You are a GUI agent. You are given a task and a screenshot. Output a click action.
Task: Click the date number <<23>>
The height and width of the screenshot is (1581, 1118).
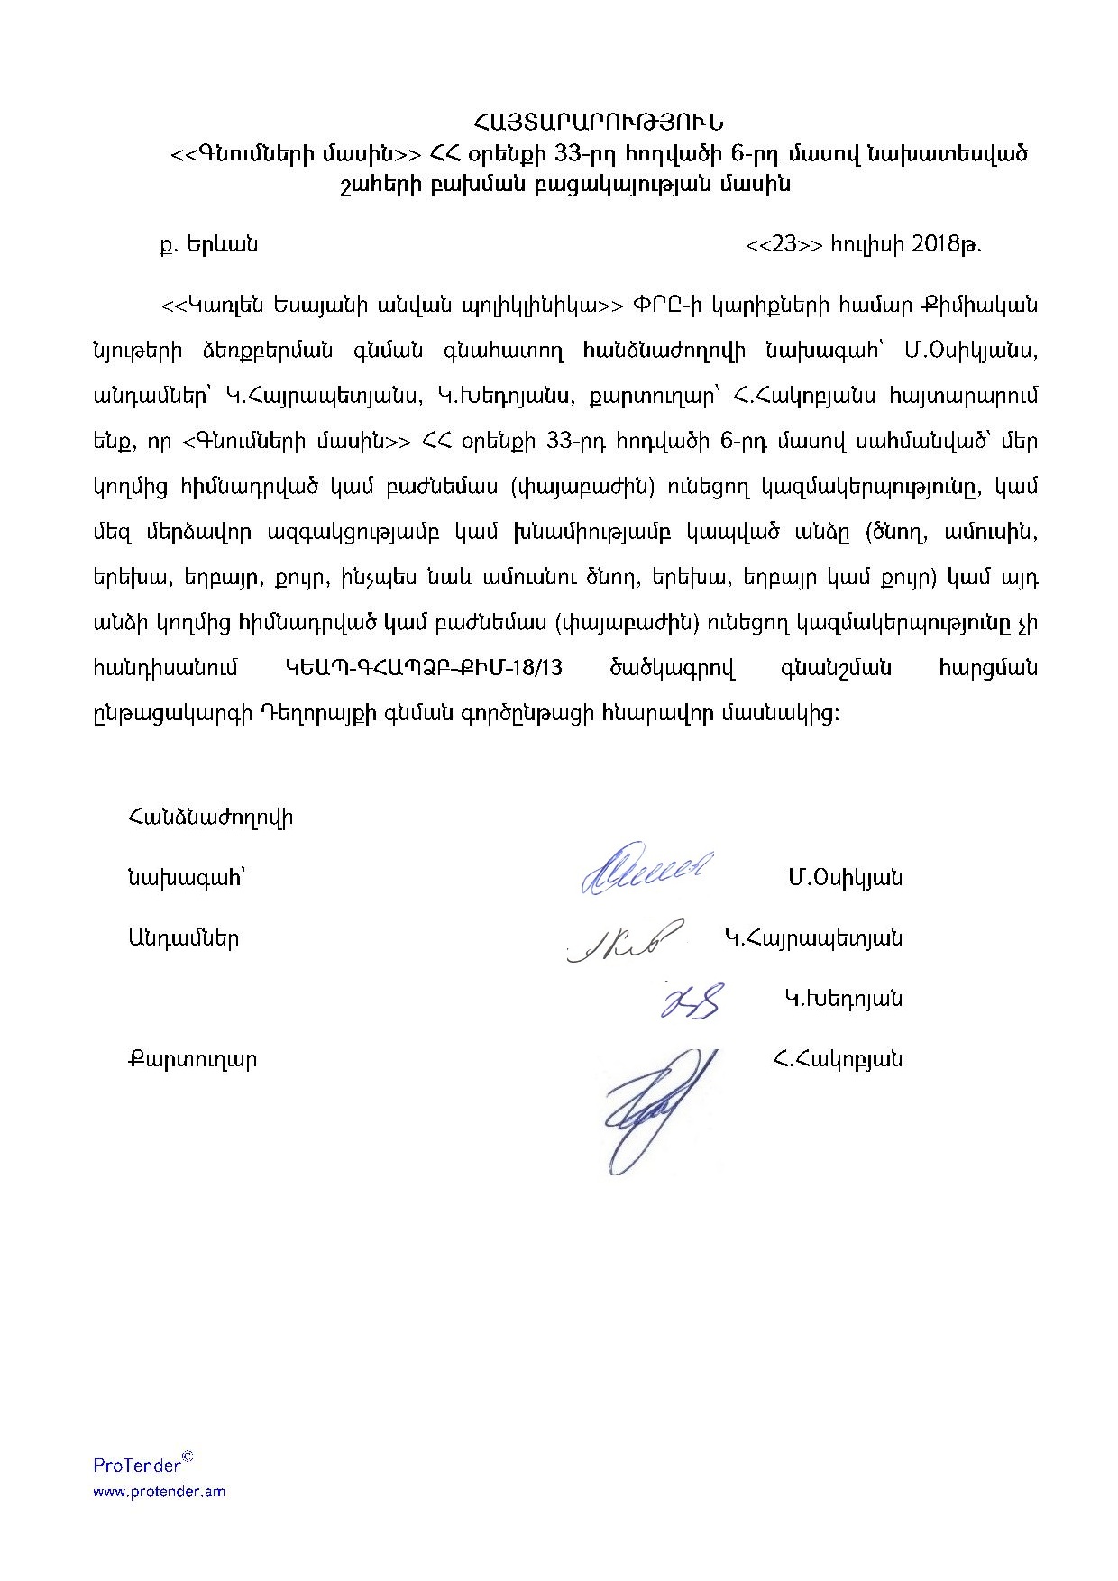784,244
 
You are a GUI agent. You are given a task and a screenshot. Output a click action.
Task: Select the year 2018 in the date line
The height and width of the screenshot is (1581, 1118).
938,244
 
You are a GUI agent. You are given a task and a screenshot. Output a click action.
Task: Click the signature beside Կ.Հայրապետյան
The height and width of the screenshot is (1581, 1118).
625,939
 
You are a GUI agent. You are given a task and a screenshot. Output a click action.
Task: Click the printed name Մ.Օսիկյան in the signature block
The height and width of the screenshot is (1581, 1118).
844,878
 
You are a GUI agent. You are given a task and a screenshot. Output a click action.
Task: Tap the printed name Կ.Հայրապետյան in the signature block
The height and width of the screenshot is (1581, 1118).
812,938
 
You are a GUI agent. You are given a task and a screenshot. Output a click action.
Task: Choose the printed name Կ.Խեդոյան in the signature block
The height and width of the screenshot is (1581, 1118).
843,999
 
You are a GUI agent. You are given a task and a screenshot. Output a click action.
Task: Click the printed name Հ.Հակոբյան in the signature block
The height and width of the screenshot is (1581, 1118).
838,1059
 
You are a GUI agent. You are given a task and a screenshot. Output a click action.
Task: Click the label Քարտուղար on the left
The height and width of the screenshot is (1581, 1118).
192,1059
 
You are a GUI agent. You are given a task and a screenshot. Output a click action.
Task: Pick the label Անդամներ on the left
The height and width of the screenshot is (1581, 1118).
183,938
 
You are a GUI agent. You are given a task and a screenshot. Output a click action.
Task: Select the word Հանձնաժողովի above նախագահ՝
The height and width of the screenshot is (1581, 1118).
209,818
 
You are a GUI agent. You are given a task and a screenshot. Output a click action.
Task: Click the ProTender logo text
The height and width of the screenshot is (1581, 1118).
138,1465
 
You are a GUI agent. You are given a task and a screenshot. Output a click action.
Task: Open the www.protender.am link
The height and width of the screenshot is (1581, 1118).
160,1492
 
